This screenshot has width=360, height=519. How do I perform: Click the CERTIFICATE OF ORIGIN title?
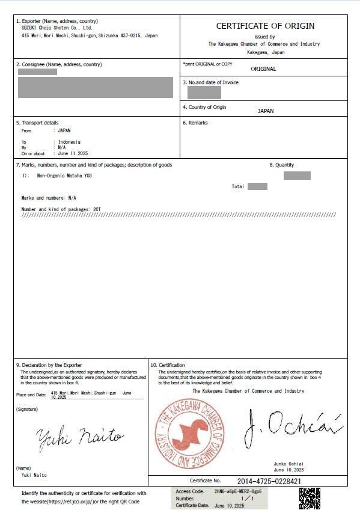265,26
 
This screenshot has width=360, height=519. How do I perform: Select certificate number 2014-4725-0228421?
269,481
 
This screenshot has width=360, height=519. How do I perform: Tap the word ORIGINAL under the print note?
263,69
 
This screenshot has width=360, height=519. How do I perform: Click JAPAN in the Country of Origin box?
265,111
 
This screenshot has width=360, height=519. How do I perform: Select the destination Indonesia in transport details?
69,142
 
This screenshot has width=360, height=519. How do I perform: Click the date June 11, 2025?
73,153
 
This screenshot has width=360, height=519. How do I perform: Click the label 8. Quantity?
281,165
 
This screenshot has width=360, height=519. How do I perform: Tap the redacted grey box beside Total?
257,186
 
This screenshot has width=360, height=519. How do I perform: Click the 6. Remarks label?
195,123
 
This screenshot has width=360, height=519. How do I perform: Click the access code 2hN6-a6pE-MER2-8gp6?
237,491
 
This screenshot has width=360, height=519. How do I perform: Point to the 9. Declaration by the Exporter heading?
49,365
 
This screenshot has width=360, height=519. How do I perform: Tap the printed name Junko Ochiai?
289,464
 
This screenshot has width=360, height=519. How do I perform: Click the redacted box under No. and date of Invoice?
204,93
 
